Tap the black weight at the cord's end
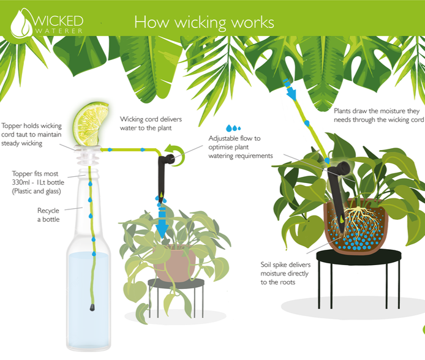92,307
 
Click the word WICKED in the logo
58,21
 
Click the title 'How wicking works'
204,22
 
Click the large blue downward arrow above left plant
162,222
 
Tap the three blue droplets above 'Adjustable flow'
233,128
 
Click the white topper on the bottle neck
87,156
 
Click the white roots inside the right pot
358,223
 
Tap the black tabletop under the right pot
359,257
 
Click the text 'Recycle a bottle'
48,215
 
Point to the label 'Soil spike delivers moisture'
285,273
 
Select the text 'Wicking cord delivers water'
151,124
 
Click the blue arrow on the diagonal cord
290,88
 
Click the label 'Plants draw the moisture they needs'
378,115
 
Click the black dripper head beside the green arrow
168,159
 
